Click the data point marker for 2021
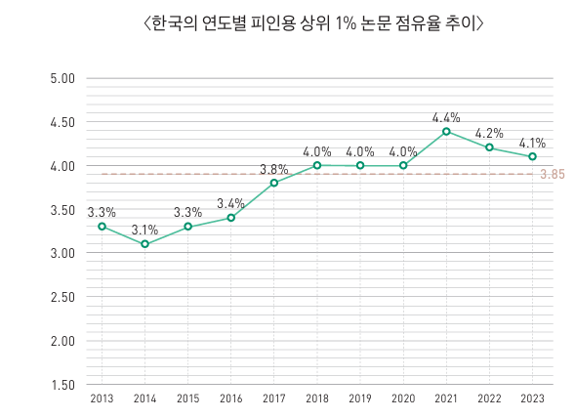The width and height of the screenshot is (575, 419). pyautogui.click(x=446, y=131)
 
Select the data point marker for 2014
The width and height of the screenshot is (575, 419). pyautogui.click(x=144, y=244)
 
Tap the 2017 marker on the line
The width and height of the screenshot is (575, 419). pyautogui.click(x=274, y=183)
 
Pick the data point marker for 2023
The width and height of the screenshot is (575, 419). pyautogui.click(x=532, y=156)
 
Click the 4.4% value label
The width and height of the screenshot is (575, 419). pyautogui.click(x=446, y=117)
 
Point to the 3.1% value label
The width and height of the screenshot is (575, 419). pyautogui.click(x=144, y=230)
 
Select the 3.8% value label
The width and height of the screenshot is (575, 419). pyautogui.click(x=274, y=169)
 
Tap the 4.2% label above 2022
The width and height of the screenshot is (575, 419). pyautogui.click(x=489, y=134)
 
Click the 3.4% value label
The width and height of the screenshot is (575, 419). pyautogui.click(x=230, y=203)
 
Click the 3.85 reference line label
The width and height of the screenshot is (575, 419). pyautogui.click(x=553, y=175)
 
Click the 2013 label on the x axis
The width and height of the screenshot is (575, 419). pyautogui.click(x=102, y=398)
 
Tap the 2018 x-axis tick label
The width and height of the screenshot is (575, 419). pyautogui.click(x=317, y=398)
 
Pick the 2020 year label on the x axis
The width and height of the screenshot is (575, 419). pyautogui.click(x=403, y=398)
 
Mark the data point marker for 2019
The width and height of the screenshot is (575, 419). pyautogui.click(x=360, y=166)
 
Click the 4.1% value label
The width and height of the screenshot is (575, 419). pyautogui.click(x=532, y=143)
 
